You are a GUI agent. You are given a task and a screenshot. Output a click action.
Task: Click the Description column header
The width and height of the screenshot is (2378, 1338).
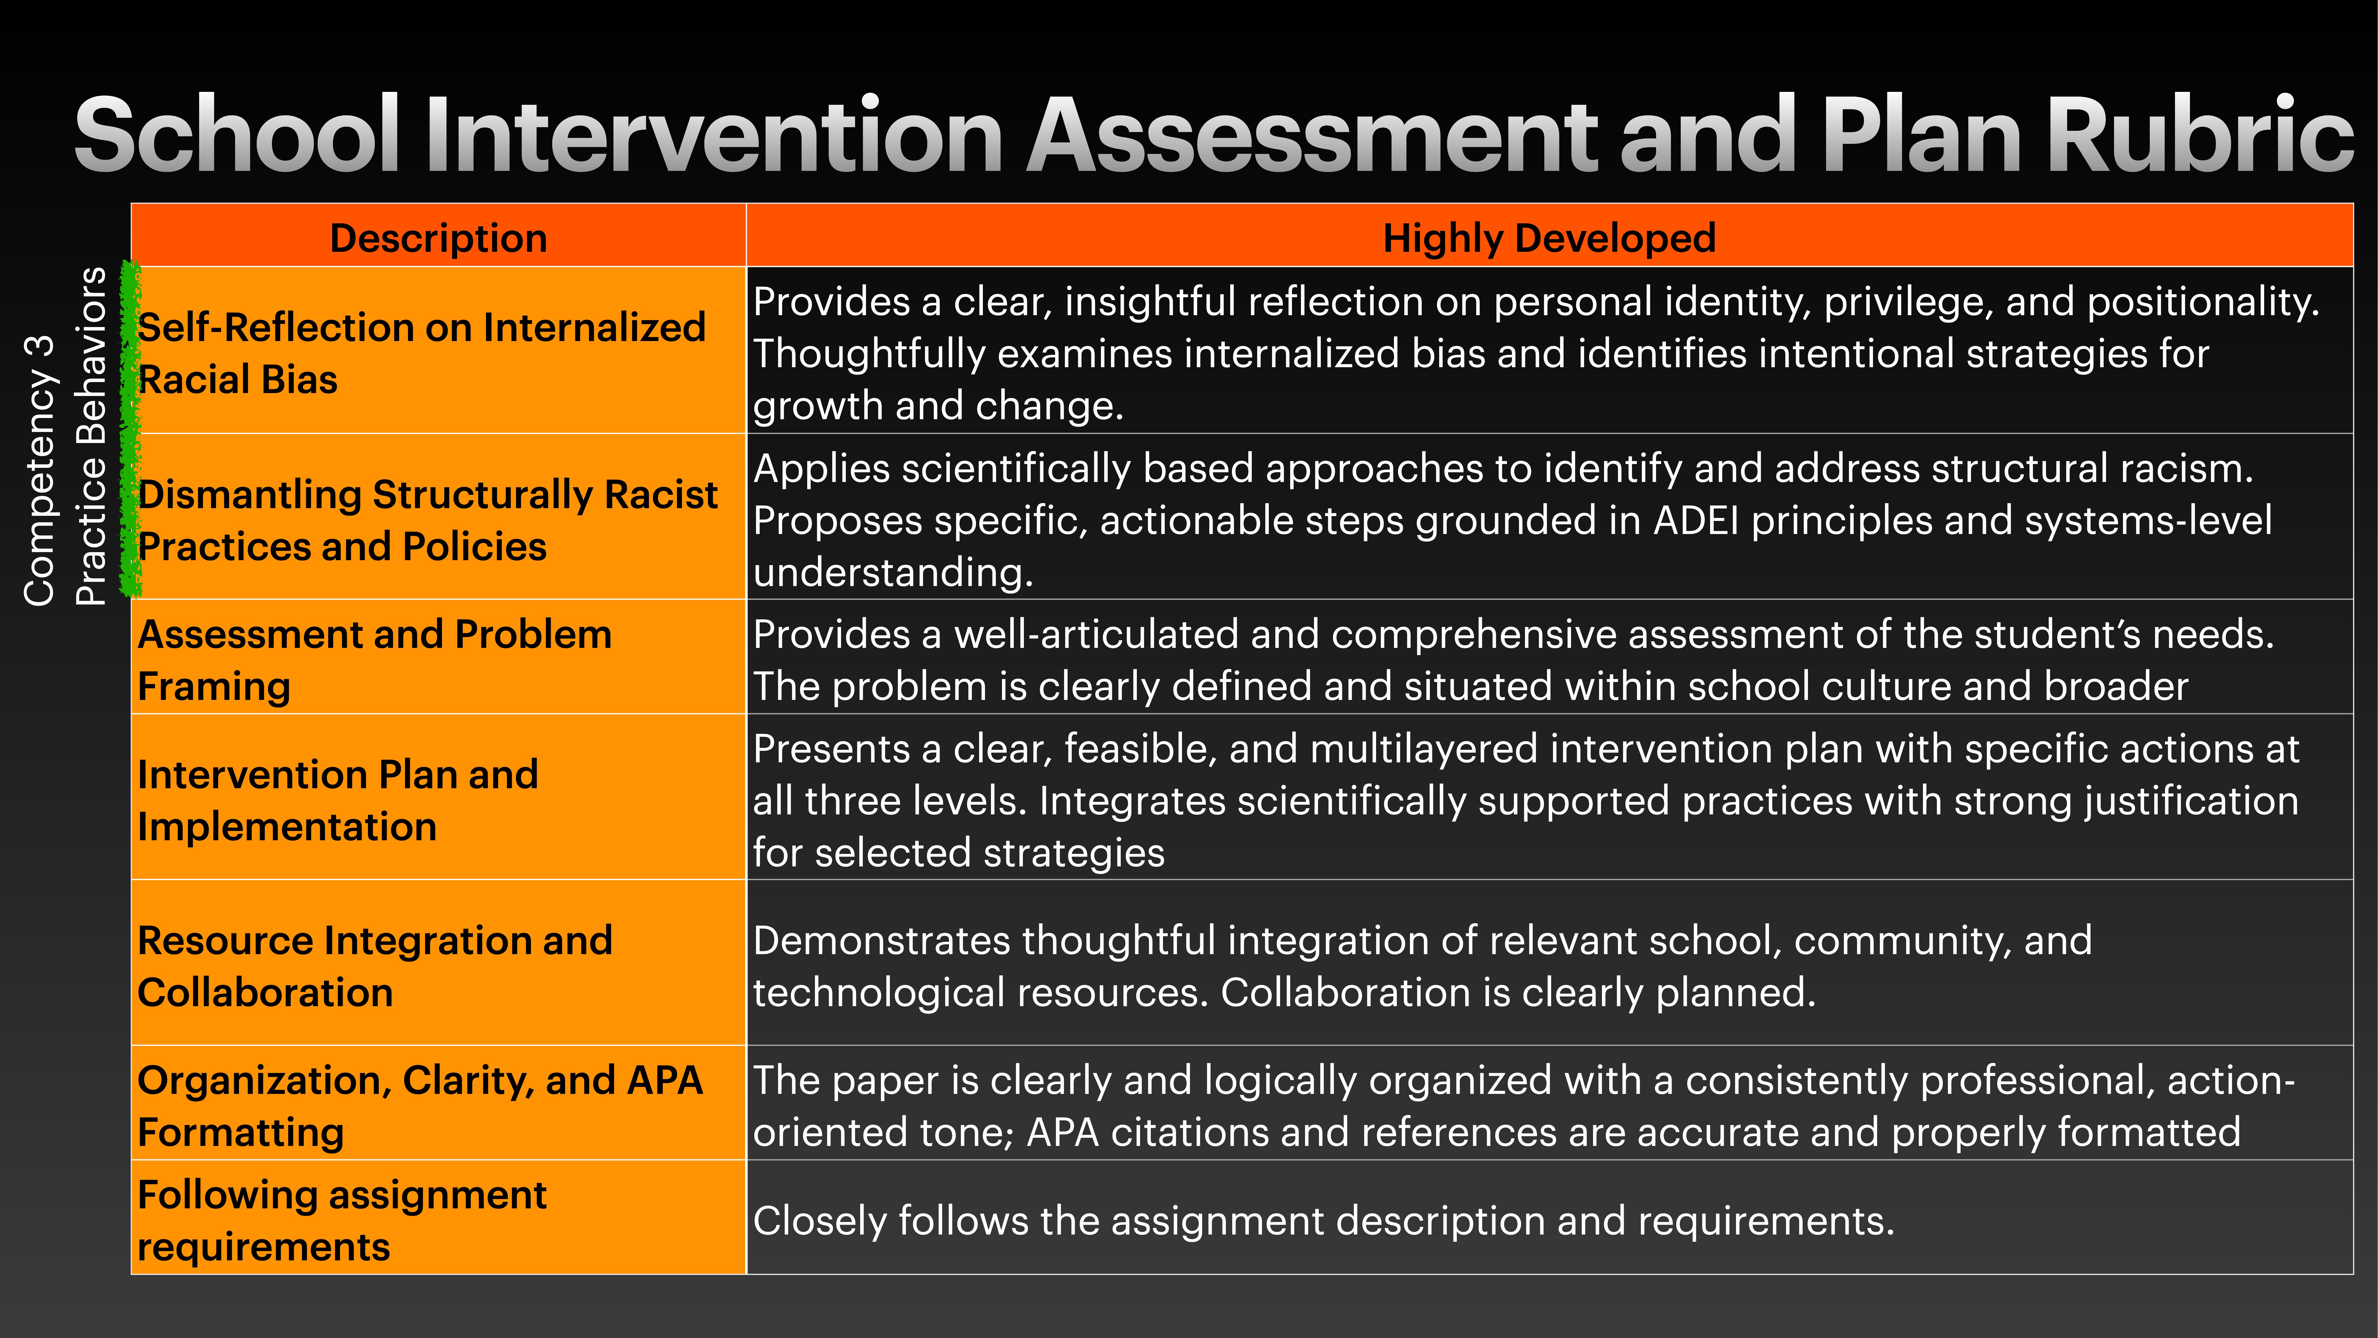tap(438, 238)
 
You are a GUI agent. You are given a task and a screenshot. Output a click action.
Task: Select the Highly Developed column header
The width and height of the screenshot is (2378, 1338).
tap(1549, 238)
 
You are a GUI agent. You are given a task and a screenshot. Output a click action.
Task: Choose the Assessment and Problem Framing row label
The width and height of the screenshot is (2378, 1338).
tap(374, 660)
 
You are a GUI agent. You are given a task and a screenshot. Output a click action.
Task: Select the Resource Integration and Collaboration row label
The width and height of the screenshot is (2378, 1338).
tap(375, 966)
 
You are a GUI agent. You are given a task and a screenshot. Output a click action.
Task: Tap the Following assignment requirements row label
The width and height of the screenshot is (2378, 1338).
tap(341, 1221)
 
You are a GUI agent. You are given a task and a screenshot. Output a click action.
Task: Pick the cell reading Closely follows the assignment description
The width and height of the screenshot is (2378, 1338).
tap(1323, 1221)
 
